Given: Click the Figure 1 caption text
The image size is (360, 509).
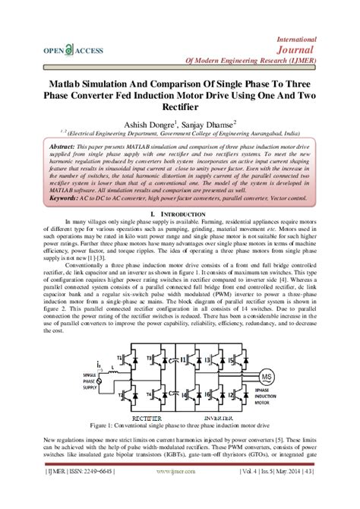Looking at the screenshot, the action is click(x=180, y=426).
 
